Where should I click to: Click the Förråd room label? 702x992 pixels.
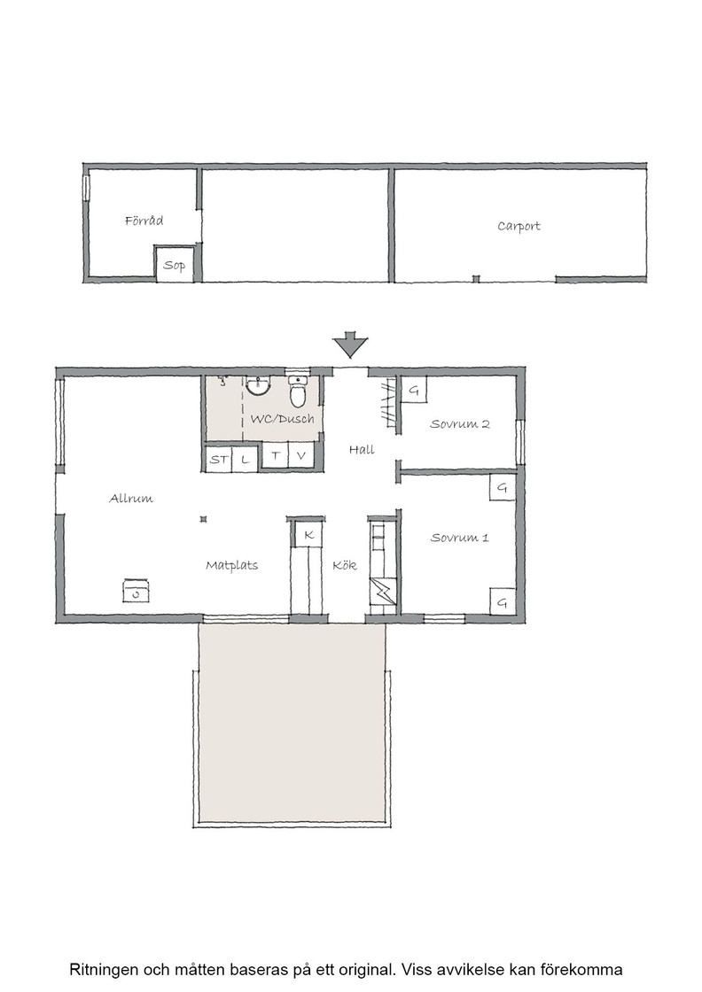(144, 221)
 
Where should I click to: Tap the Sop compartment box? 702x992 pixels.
(175, 264)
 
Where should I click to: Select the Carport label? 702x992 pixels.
(519, 227)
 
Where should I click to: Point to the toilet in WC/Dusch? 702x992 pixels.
(298, 391)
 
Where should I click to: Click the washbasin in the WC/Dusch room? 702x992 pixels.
(258, 384)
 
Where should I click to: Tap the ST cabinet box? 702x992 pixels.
(219, 459)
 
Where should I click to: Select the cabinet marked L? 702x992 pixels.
(245, 459)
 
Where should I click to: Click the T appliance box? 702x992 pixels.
(276, 455)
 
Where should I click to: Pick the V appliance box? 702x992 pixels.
(301, 455)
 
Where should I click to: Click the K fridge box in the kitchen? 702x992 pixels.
(309, 535)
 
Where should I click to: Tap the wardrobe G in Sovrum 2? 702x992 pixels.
(414, 391)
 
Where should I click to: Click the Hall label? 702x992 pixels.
(362, 449)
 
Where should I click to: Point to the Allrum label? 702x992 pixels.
(131, 499)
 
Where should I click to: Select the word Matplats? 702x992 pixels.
(231, 566)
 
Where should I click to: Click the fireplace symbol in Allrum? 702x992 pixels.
(136, 590)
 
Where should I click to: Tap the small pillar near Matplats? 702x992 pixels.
(203, 519)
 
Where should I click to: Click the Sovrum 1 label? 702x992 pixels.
(459, 538)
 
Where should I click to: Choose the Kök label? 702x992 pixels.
(345, 565)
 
